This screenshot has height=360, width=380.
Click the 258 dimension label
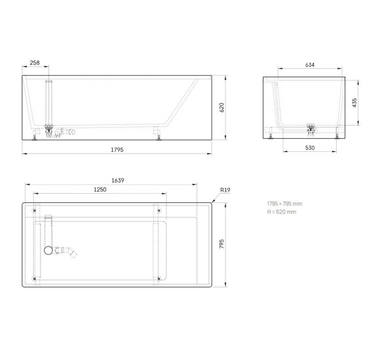tap(35, 63)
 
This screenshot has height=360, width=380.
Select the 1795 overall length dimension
tap(119, 150)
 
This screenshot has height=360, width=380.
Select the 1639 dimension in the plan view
tap(119, 179)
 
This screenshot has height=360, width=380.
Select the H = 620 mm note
tap(282, 211)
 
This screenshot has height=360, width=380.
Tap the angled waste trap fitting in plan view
tap(68, 251)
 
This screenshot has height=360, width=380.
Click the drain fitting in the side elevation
tap(48, 130)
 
